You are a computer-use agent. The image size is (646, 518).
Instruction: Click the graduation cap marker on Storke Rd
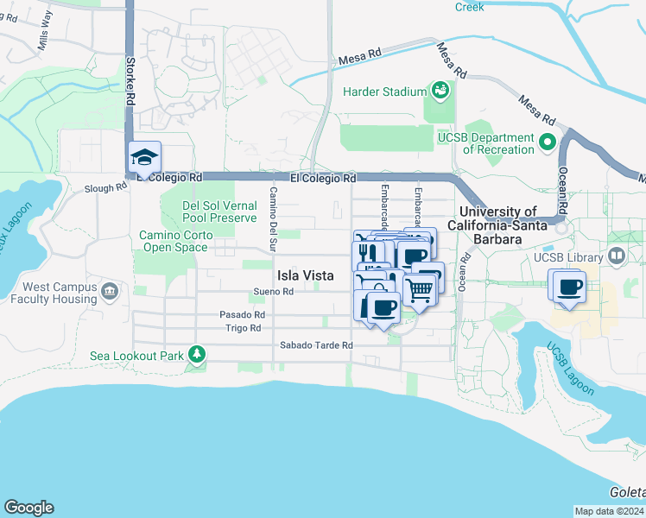coord(144,157)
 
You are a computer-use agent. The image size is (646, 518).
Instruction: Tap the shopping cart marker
coord(419,290)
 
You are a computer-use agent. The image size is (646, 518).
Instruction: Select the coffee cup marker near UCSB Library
coord(569,287)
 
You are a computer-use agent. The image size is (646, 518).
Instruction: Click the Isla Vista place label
coord(305,275)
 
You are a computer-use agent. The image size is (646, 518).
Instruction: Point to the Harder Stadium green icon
coord(440,91)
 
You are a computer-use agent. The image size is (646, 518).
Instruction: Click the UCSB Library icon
coord(617,256)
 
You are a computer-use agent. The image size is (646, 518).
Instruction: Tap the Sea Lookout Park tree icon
coord(197,355)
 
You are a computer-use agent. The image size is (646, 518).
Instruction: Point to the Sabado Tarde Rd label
coord(316,345)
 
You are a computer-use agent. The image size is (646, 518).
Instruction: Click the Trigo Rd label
coord(243,328)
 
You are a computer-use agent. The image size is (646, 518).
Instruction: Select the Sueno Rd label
coord(274,292)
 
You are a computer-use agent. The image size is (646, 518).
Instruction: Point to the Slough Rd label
coord(105,186)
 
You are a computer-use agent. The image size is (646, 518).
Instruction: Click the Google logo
coord(28,508)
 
